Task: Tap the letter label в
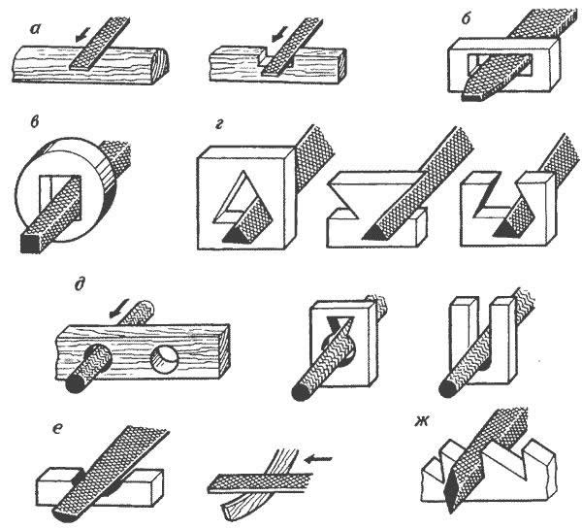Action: [35, 122]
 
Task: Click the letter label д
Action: [79, 286]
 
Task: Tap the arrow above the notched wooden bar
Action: [279, 34]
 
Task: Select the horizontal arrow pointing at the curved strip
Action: [318, 460]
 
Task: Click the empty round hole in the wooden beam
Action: [165, 359]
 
